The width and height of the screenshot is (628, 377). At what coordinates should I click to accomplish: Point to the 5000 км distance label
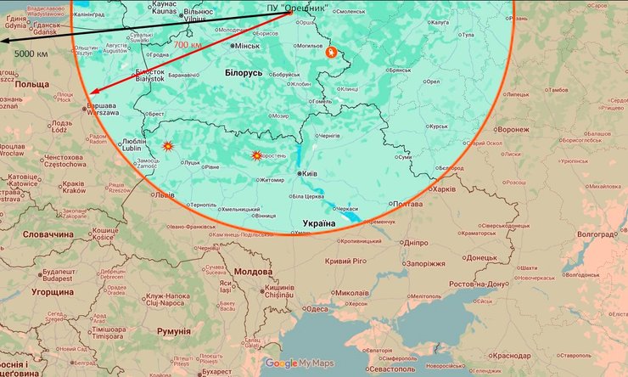(31, 53)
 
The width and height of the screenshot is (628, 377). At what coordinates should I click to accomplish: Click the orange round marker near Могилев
(330, 52)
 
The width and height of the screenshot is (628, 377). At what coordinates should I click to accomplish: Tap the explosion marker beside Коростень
(257, 155)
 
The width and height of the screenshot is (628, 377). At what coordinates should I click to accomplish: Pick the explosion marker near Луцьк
(168, 146)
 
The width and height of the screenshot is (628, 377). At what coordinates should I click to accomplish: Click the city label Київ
(310, 173)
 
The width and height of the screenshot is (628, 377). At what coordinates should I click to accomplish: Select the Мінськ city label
(247, 45)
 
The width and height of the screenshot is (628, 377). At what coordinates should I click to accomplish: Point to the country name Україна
(319, 223)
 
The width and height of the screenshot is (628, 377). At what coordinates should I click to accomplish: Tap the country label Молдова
(252, 272)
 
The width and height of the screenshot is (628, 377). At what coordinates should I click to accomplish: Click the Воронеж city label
(513, 130)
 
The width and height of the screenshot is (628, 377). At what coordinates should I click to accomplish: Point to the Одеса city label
(317, 309)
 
